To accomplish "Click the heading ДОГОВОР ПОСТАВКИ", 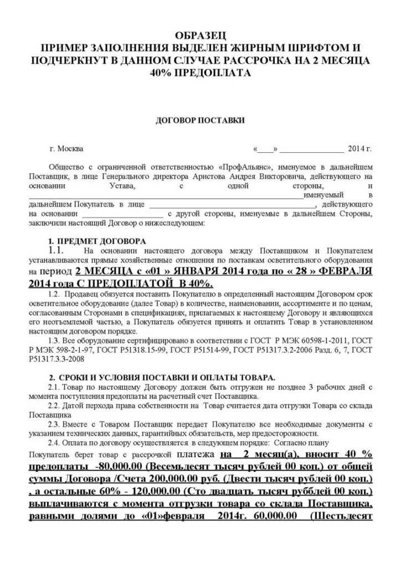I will (200, 120).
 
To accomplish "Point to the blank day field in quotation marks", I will (266, 150).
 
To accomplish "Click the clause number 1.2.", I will (56, 293).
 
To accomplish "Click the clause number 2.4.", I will (55, 443).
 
